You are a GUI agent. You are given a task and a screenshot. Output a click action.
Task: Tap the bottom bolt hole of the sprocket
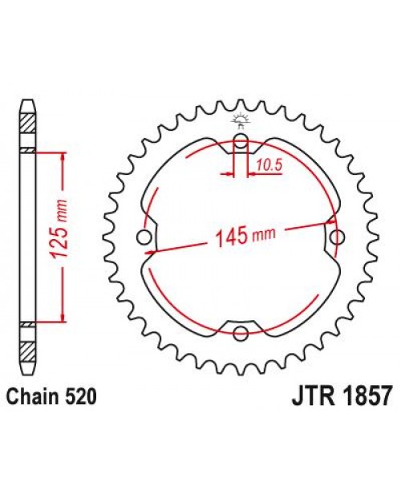[241, 333]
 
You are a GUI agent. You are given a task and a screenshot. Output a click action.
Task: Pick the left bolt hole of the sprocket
[145, 237]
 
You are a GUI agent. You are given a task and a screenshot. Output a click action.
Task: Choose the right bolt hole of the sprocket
[336, 237]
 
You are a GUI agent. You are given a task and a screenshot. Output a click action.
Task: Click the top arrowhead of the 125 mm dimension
[58, 155]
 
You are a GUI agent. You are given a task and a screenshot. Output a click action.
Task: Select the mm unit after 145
[262, 235]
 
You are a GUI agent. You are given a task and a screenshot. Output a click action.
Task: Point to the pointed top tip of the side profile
[28, 102]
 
